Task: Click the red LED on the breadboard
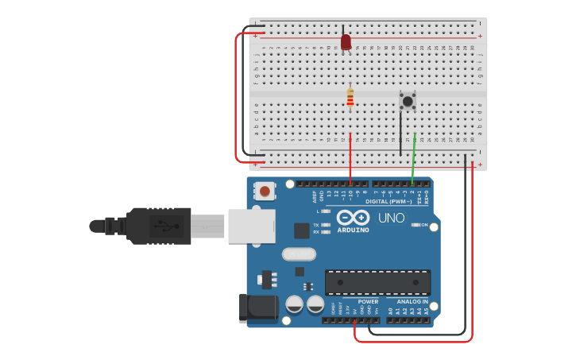(346, 41)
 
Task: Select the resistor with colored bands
(350, 98)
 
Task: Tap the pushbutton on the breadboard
(408, 100)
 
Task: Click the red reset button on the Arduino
(265, 191)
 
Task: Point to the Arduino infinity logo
(353, 217)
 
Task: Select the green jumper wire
(413, 159)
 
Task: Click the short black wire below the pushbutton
(401, 131)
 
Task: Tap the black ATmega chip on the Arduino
(377, 282)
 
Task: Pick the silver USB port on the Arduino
(251, 226)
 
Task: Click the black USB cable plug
(159, 226)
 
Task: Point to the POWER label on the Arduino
(368, 302)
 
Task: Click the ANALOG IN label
(413, 302)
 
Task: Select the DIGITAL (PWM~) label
(389, 202)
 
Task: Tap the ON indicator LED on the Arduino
(416, 225)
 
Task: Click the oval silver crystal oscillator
(299, 254)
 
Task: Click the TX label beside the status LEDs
(315, 225)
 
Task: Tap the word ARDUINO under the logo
(353, 230)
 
